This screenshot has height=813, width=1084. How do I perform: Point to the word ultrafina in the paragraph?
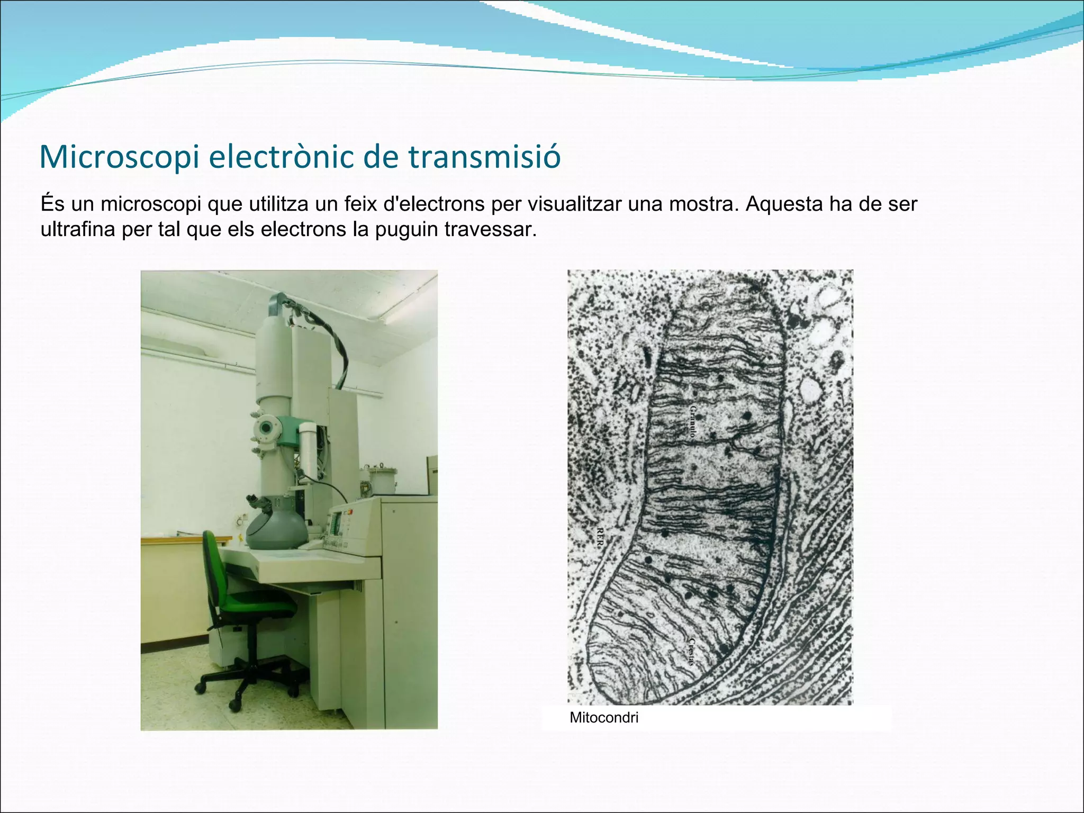(x=78, y=230)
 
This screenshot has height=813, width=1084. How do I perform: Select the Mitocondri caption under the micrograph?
(x=604, y=718)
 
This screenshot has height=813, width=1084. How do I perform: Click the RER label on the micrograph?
(x=600, y=537)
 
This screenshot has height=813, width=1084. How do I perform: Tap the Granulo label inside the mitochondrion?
(x=693, y=421)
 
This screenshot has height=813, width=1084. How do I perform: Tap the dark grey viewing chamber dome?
(x=275, y=529)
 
